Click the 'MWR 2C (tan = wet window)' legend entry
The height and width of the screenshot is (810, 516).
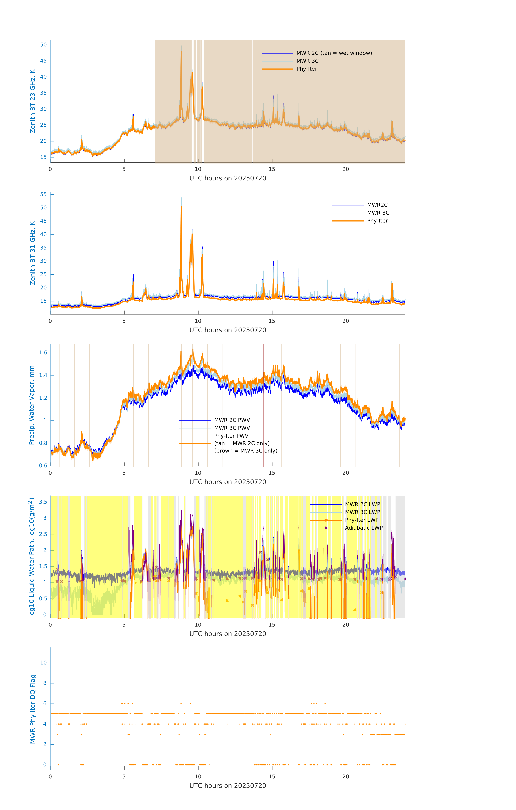334,53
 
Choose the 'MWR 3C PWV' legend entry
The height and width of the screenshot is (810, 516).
232,428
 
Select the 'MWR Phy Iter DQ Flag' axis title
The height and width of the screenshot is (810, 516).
33,709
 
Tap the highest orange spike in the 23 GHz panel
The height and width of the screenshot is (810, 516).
181,52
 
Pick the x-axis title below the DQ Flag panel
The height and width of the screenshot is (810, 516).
228,786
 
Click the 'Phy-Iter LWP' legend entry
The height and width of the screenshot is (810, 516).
361,520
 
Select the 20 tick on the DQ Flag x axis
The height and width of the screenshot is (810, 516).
346,777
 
